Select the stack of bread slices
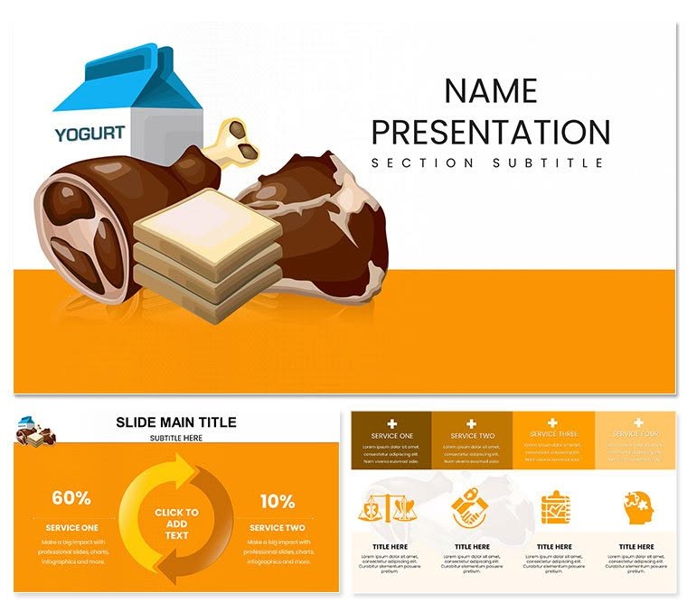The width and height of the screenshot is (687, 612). pyautogui.click(x=207, y=255)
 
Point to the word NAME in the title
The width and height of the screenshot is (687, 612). pyautogui.click(x=491, y=90)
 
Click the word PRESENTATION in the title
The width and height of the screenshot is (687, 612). pyautogui.click(x=491, y=132)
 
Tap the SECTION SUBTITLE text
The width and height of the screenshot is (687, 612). pyautogui.click(x=487, y=163)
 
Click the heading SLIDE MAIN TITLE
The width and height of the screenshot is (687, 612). pyautogui.click(x=176, y=422)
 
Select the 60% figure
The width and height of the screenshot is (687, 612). pyautogui.click(x=71, y=498)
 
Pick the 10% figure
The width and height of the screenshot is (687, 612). pyautogui.click(x=277, y=501)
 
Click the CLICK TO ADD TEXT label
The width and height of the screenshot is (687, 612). pyautogui.click(x=175, y=524)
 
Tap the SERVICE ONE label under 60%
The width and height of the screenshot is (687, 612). pyautogui.click(x=71, y=527)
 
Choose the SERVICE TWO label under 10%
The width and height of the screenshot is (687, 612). pyautogui.click(x=277, y=527)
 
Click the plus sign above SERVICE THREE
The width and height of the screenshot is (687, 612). pyautogui.click(x=553, y=422)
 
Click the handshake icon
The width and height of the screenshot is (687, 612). pyautogui.click(x=469, y=506)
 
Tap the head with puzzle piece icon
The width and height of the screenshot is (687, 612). pyautogui.click(x=638, y=507)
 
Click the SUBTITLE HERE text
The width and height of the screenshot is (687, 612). pyautogui.click(x=175, y=438)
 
